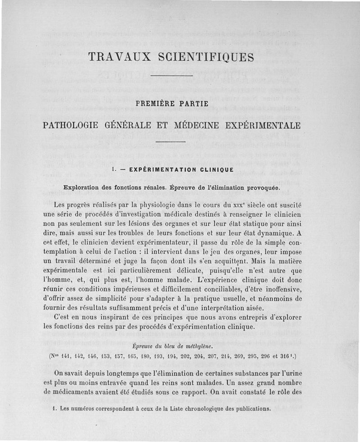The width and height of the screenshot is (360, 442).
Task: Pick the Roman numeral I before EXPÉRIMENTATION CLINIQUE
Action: (x=113, y=170)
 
